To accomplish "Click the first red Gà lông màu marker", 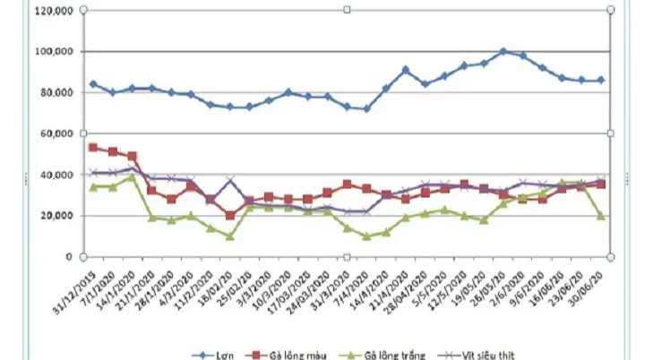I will coord(93,147).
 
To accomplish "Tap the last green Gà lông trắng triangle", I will coord(601,216).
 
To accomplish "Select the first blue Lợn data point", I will coord(93,84).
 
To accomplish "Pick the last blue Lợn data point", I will coord(601,81).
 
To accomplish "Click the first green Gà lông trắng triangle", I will coord(93,186).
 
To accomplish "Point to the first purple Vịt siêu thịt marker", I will coord(93,172).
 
